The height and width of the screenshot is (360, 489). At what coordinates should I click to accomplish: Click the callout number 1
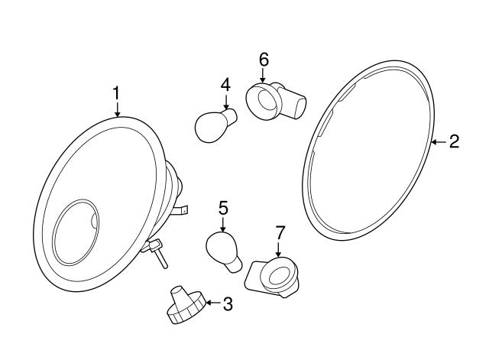(x=116, y=92)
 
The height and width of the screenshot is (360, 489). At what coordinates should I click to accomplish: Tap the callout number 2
(x=454, y=141)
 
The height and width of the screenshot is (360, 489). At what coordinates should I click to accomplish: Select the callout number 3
(x=227, y=305)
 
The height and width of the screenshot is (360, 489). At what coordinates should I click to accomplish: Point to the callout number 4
(x=225, y=84)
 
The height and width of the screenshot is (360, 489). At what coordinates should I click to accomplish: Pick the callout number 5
(x=223, y=207)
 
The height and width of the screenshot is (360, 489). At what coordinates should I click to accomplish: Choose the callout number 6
(x=264, y=59)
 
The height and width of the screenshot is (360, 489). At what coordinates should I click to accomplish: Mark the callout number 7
(x=280, y=232)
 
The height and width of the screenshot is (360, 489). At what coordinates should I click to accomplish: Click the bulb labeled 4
(x=213, y=125)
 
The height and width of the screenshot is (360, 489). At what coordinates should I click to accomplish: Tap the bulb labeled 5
(x=224, y=251)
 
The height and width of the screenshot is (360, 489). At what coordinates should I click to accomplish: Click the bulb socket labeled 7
(x=272, y=276)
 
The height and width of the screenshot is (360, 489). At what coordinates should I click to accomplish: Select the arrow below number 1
(x=117, y=109)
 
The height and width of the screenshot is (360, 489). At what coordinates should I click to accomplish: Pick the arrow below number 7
(x=280, y=248)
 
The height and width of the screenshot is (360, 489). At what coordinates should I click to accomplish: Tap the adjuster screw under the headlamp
(x=157, y=251)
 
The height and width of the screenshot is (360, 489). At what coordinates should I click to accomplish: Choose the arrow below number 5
(x=223, y=224)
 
